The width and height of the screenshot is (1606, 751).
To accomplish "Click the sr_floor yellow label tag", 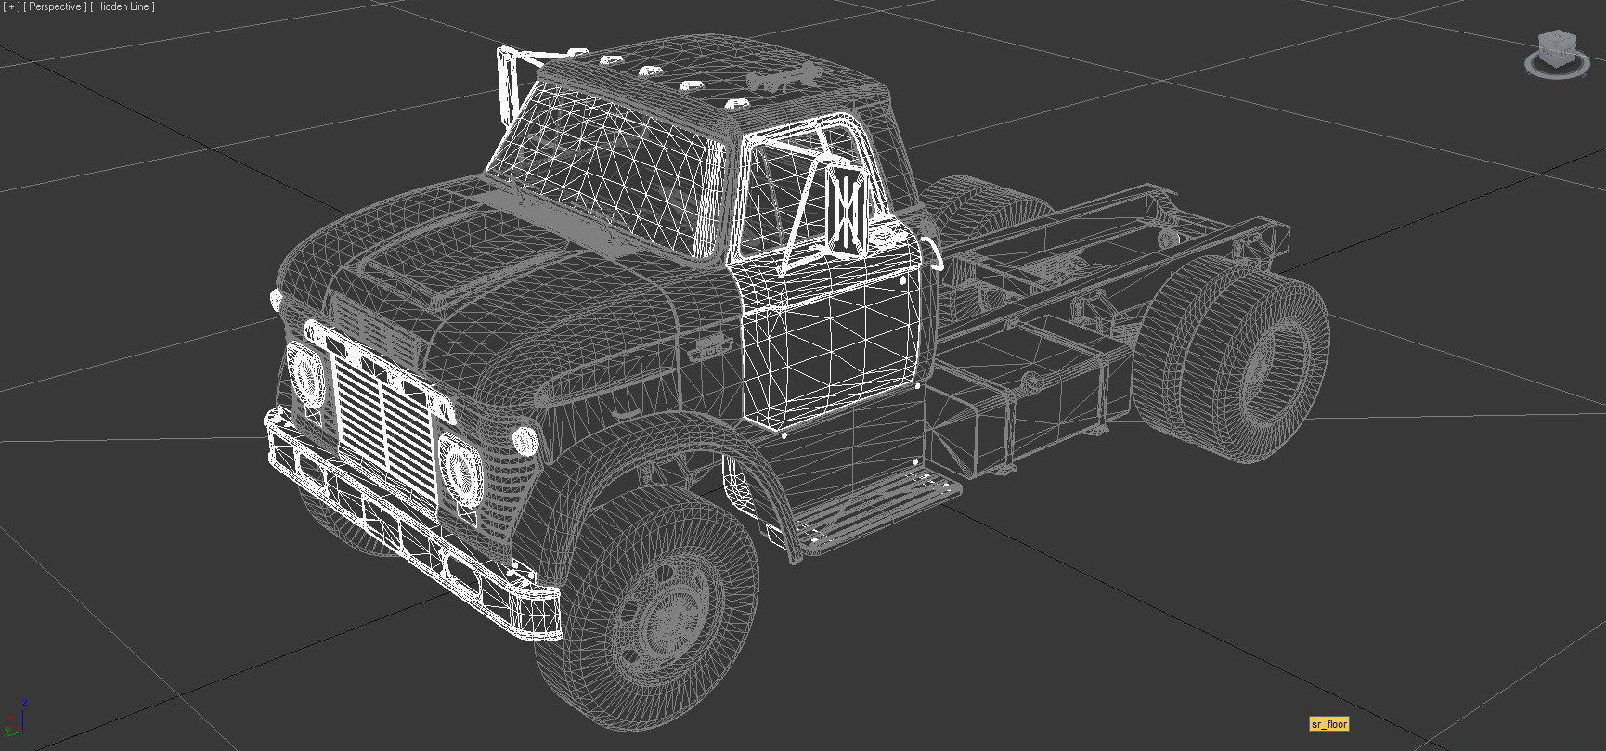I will (1328, 724).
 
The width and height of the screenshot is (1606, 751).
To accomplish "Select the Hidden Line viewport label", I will (123, 6).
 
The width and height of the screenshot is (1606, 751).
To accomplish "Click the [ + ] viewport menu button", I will (11, 6).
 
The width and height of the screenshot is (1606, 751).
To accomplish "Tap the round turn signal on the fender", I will (525, 439).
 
